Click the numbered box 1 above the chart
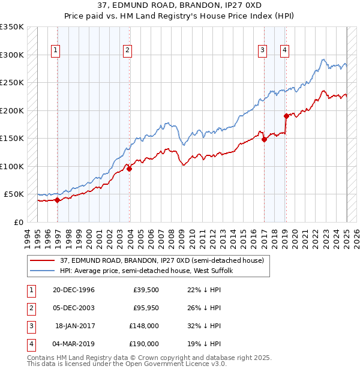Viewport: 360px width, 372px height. click(55, 51)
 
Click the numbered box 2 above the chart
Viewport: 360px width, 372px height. click(128, 51)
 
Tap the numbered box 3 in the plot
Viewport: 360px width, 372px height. click(262, 51)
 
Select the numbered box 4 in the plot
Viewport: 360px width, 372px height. click(284, 51)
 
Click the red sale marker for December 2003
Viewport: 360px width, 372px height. click(129, 169)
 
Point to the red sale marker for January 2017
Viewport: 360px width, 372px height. click(264, 140)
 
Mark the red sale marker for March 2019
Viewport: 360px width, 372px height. click(286, 116)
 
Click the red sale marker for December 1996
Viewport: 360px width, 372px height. click(58, 200)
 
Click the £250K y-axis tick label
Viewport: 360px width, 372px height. click(12, 82)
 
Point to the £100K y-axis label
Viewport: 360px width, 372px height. click(12, 166)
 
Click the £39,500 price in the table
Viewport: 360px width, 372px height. click(146, 290)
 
